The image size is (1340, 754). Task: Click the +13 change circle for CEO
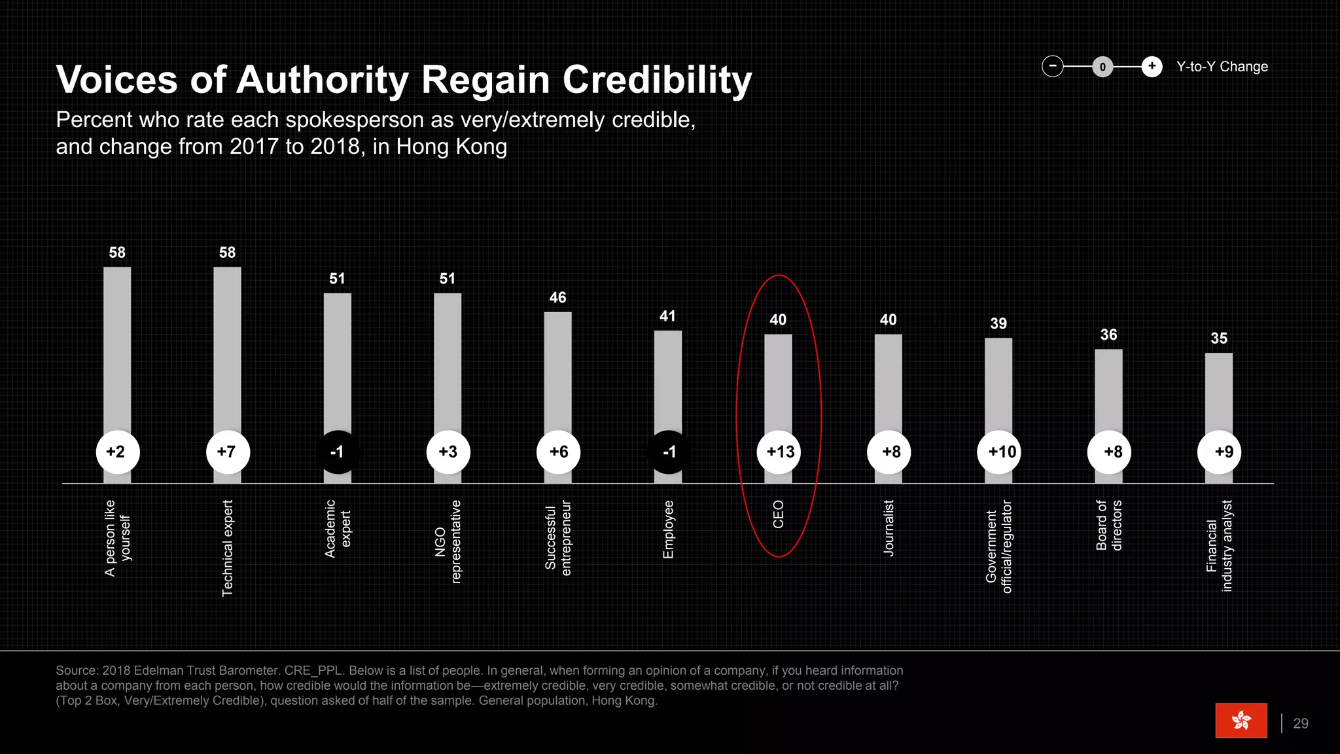[779, 452]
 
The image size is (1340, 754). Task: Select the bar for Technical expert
[227, 347]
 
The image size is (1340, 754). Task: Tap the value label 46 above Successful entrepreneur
[557, 298]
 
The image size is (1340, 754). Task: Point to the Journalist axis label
[889, 528]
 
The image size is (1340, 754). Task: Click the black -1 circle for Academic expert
[338, 452]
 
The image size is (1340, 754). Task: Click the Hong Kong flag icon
[1241, 721]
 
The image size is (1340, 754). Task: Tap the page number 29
[1301, 723]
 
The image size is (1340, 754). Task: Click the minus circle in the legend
[1053, 66]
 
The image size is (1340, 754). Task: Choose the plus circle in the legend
[1152, 66]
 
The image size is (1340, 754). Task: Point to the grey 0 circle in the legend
[1102, 67]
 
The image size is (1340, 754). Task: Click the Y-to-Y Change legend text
[1222, 67]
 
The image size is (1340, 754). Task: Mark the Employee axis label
[668, 530]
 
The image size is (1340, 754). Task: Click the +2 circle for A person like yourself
[117, 452]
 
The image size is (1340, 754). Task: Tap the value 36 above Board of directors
[1108, 335]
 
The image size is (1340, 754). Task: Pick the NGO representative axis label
[448, 541]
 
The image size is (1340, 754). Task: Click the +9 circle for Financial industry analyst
[1220, 452]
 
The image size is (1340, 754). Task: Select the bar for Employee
[668, 380]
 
